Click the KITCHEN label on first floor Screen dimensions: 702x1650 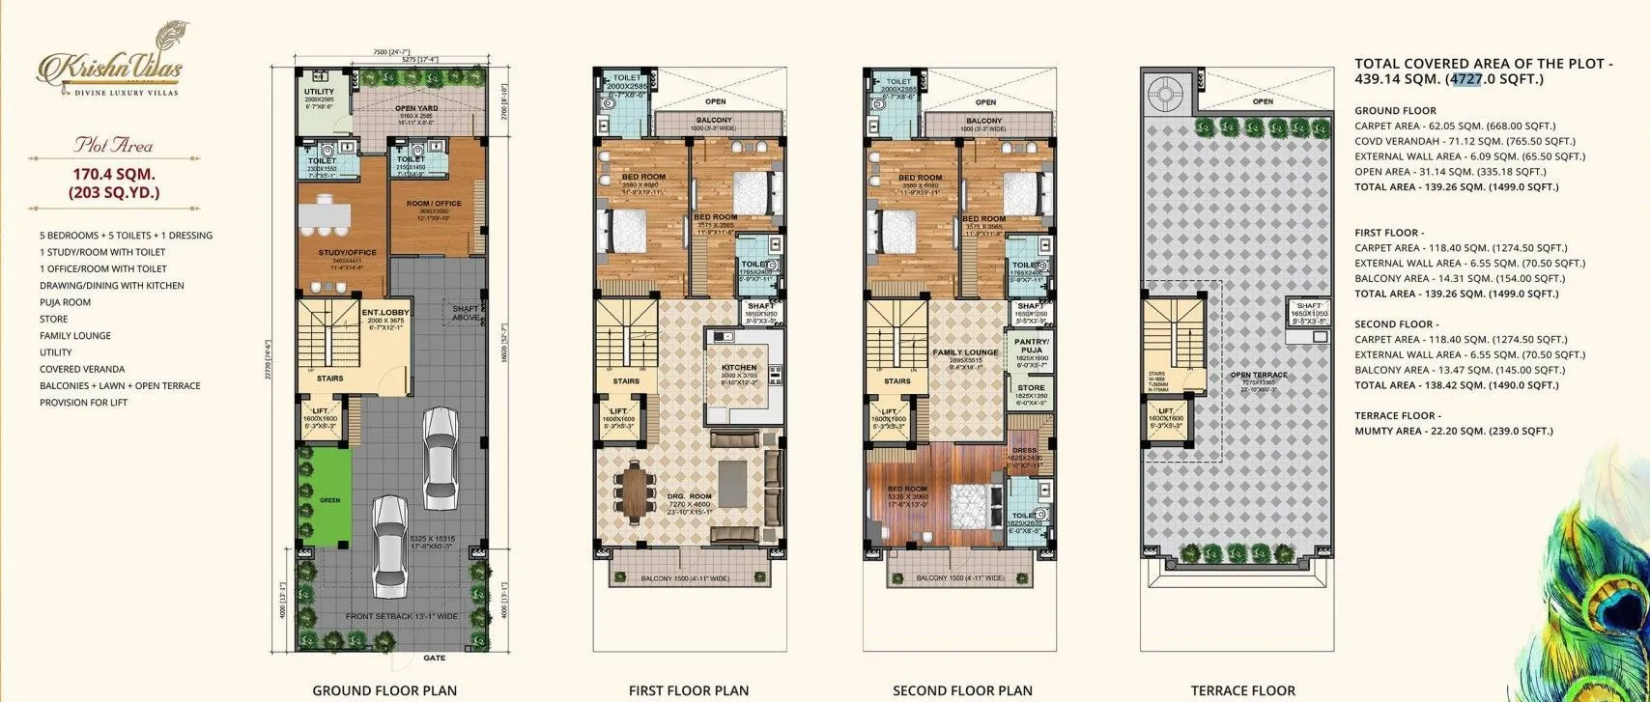[739, 368]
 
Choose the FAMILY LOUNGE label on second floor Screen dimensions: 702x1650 [965, 353]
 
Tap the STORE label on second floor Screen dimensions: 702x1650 [1030, 388]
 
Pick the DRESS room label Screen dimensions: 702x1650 [1024, 450]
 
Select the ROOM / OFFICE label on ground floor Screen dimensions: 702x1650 [434, 203]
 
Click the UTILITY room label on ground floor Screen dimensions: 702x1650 [319, 91]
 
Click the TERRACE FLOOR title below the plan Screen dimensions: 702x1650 [1243, 690]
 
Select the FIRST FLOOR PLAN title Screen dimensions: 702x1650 [688, 690]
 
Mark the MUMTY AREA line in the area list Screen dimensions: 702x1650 [1457, 431]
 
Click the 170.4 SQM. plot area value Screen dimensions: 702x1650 [113, 176]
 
